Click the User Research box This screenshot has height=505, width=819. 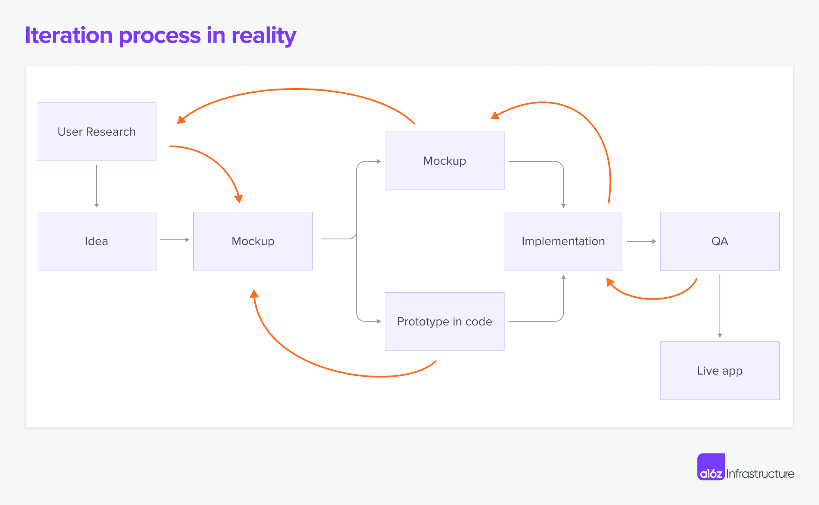[97, 132]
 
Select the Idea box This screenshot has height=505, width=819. [97, 241]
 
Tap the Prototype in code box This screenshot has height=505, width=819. [444, 321]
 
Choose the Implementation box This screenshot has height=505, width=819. [563, 241]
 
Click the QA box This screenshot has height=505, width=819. [719, 241]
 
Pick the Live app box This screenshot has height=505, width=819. [719, 371]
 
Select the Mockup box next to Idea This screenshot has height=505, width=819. [253, 241]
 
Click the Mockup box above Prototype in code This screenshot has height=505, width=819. [444, 161]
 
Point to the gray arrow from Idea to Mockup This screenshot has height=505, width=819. [174, 240]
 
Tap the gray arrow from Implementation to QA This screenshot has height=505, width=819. [641, 241]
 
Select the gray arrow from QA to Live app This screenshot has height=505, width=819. [720, 305]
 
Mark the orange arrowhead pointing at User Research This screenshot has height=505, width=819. [181, 120]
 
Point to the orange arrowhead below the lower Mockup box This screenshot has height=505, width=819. [254, 293]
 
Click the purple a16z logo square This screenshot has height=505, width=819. [711, 467]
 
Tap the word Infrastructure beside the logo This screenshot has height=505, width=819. [760, 474]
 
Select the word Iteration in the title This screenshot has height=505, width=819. [69, 36]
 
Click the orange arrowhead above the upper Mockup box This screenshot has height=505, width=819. [495, 116]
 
